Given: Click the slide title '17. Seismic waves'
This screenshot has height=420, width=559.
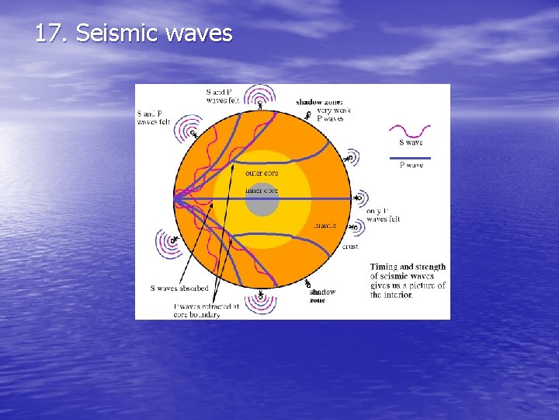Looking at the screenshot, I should (134, 33).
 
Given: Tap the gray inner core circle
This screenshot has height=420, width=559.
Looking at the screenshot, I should (262, 200).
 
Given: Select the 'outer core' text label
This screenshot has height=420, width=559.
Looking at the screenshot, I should (262, 173).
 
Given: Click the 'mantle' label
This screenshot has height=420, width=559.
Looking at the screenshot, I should (325, 226).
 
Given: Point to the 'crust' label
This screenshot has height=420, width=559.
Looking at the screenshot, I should (350, 247).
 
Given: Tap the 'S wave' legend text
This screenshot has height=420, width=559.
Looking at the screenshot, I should (411, 142).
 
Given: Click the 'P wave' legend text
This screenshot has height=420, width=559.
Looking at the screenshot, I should (411, 165).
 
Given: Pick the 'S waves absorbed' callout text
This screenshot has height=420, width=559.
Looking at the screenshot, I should (179, 289).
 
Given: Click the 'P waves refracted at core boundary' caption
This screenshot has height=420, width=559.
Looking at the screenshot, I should (198, 311).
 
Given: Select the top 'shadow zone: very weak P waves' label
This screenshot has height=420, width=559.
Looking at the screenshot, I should (323, 110).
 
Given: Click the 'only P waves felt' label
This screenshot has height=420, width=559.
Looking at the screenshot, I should (383, 215).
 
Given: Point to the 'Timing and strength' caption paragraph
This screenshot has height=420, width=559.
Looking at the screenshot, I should (408, 281).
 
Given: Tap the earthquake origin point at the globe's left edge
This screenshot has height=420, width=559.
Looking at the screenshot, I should (175, 199).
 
